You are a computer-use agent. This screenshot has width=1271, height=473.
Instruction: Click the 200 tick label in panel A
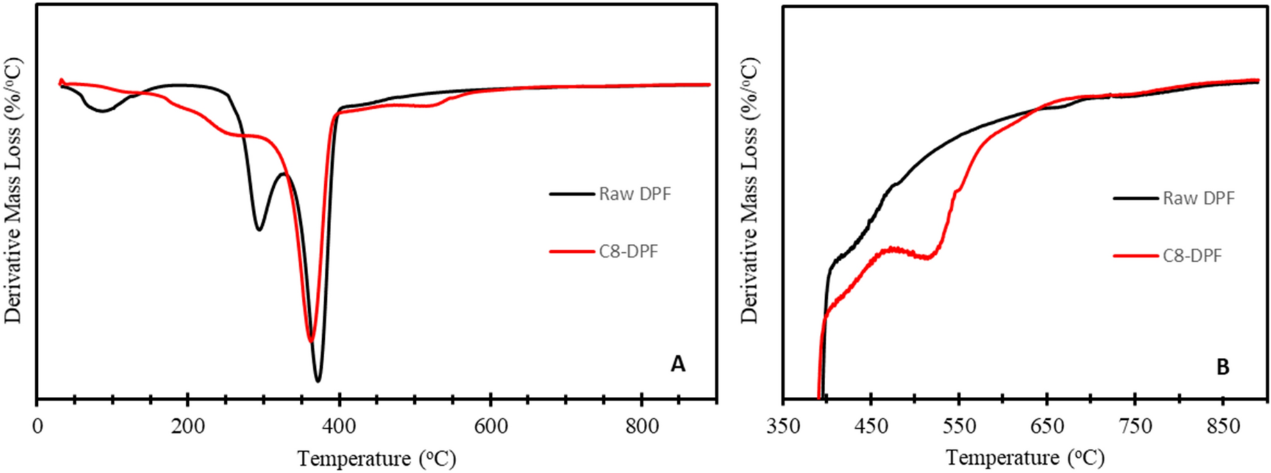[188, 426]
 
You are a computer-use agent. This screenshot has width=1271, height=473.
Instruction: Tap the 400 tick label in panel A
[340, 426]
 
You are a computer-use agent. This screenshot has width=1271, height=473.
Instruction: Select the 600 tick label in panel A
[491, 426]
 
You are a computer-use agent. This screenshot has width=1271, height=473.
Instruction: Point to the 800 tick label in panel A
[641, 426]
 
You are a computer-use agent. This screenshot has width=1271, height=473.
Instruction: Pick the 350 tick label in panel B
[783, 426]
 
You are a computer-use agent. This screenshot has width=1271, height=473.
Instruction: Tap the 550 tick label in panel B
[959, 426]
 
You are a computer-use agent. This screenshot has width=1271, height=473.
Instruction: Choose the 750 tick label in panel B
[1135, 426]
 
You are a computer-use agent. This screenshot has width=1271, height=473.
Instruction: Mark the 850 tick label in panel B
[1223, 426]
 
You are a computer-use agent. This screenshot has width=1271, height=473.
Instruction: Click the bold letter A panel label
[678, 364]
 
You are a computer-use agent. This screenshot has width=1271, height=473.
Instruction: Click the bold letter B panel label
[1222, 367]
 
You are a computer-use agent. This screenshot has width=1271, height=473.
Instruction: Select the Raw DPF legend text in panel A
[634, 194]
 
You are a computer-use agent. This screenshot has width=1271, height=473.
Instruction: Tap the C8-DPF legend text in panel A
[628, 252]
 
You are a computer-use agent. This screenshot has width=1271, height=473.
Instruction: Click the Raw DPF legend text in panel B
[1198, 198]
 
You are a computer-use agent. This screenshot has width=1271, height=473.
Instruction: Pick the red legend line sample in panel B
[1135, 256]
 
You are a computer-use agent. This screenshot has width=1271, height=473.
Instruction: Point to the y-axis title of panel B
[749, 191]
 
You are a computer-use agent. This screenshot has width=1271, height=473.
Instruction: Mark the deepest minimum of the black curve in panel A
[318, 381]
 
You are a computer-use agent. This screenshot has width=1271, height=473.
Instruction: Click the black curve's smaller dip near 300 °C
[259, 229]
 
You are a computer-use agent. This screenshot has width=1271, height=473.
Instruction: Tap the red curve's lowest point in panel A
[311, 341]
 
